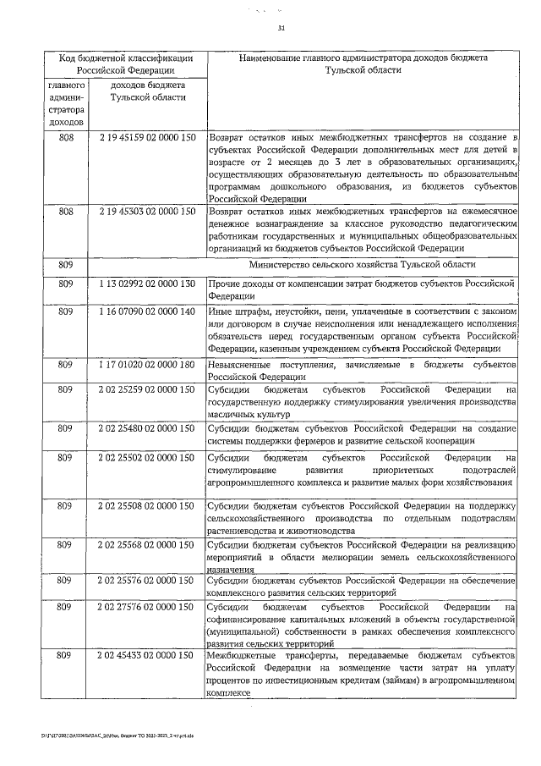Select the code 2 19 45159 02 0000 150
point(147,135)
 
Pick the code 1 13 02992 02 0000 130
point(147,284)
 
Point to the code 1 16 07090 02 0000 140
point(147,313)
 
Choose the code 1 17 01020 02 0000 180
point(147,365)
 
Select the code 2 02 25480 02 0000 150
point(147,429)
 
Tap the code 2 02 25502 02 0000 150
point(147,458)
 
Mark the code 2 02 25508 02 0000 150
point(147,506)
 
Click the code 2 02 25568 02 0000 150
point(147,546)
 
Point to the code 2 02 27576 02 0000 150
point(147,608)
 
